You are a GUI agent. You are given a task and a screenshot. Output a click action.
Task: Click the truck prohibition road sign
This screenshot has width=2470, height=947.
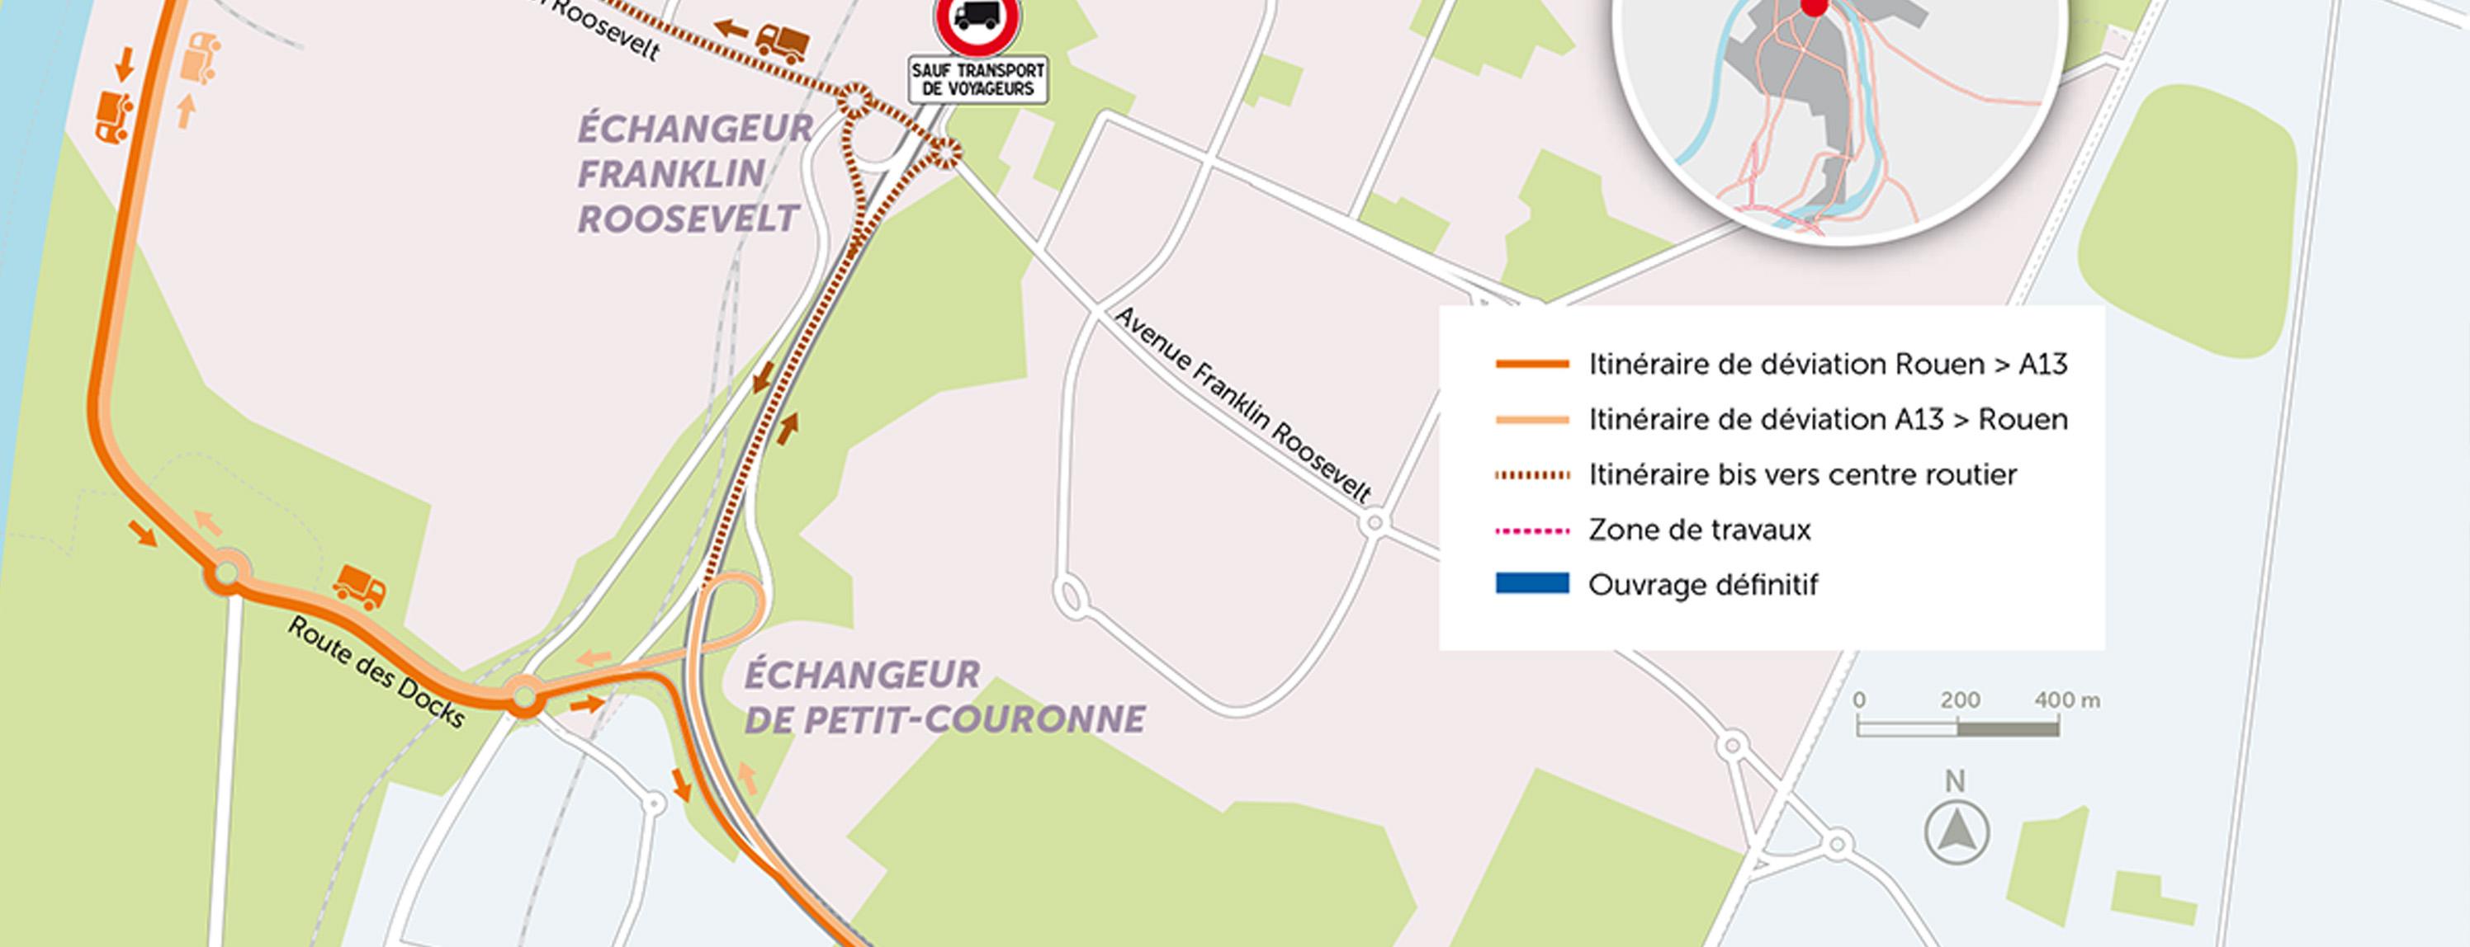977,21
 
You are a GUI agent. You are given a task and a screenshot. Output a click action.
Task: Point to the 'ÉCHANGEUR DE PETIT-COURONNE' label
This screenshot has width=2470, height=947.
944,697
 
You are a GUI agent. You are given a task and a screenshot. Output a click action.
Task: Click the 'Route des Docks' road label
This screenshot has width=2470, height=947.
376,672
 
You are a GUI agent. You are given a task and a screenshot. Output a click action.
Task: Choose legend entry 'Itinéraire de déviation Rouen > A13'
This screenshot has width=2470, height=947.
1827,365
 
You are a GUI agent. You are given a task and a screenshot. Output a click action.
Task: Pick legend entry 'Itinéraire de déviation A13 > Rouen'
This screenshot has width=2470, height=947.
1827,420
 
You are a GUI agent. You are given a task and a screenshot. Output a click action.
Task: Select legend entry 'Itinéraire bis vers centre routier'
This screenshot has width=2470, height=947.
1801,474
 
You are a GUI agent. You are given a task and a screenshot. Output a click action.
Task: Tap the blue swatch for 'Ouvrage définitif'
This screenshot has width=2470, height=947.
1531,582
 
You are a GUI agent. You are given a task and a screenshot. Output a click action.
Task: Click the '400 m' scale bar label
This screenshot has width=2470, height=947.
2067,700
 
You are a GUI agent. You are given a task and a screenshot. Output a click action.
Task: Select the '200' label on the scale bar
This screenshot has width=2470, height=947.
1959,700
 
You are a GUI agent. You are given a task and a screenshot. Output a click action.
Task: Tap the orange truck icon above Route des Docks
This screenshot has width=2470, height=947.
360,587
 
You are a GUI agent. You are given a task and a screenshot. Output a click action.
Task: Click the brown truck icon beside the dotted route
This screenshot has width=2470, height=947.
782,41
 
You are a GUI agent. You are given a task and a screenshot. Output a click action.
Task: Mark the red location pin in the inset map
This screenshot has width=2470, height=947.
1812,6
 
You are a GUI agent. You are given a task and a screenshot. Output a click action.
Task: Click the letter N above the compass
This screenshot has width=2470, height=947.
1955,782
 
